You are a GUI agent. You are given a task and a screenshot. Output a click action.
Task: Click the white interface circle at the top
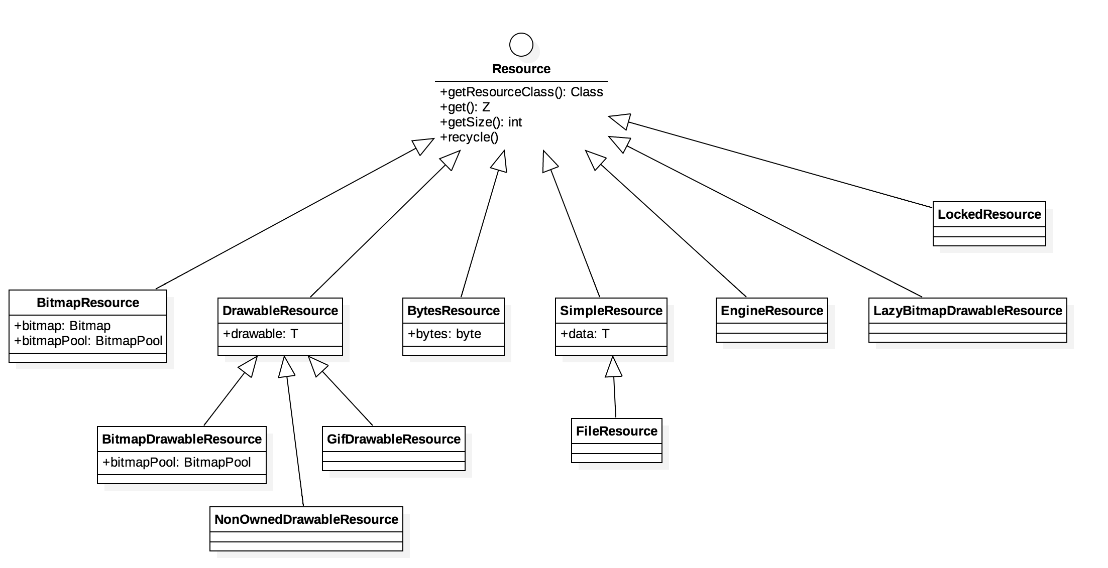521,45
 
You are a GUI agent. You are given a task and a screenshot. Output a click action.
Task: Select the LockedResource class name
989,215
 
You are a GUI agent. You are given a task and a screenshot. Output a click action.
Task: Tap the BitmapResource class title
88,303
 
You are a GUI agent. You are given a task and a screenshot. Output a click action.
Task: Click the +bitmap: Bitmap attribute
63,326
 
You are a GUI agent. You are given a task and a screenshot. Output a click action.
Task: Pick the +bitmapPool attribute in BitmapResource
88,341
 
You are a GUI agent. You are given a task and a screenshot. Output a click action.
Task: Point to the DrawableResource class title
280,311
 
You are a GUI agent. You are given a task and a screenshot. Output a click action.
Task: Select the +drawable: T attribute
260,334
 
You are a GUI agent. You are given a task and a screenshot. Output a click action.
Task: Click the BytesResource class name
453,311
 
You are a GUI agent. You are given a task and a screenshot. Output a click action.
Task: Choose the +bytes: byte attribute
444,334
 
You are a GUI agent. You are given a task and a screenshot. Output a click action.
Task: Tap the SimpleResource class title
611,311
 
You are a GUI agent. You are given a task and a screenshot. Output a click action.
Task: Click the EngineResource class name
771,311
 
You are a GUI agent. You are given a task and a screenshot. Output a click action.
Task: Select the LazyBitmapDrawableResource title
967,311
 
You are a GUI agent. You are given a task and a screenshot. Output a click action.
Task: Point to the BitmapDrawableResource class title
181,440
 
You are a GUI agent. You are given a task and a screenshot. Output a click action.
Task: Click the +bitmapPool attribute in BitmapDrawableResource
176,463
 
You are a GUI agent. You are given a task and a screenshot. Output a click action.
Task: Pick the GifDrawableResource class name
393,440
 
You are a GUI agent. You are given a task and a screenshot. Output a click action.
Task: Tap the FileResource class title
616,432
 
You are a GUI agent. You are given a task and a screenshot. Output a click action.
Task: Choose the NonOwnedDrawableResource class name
306,520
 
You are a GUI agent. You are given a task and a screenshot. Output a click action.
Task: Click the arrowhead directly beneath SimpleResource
613,367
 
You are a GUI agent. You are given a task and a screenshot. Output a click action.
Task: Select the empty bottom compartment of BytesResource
453,351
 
